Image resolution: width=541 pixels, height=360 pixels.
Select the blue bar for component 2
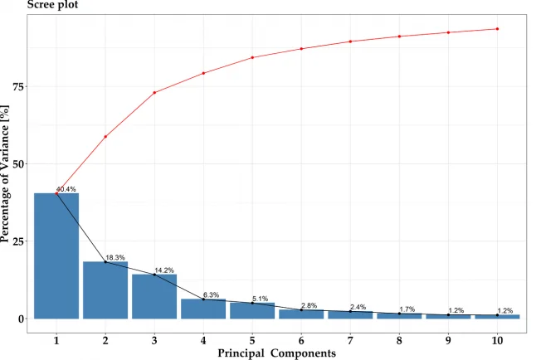pyautogui.click(x=105, y=289)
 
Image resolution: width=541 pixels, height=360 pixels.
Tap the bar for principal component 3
pyautogui.click(x=154, y=296)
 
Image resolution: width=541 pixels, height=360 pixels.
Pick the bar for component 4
pyautogui.click(x=203, y=309)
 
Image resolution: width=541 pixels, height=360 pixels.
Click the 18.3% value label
pyautogui.click(x=115, y=258)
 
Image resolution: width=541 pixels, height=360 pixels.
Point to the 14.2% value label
pyautogui.click(x=163, y=270)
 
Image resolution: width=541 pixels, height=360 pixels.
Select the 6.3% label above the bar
pyautogui.click(x=212, y=294)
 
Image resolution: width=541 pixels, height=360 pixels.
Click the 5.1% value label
pyautogui.click(x=261, y=299)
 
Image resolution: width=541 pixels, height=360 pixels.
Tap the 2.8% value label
pyautogui.click(x=309, y=306)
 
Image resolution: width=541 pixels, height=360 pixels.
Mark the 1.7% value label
pyautogui.click(x=407, y=309)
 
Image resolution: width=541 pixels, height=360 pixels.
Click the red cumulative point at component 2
pyautogui.click(x=105, y=136)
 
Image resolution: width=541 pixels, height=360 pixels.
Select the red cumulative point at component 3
pyautogui.click(x=154, y=92)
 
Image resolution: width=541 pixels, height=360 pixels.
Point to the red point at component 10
pyautogui.click(x=497, y=29)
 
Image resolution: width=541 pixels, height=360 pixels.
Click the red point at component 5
pyautogui.click(x=252, y=57)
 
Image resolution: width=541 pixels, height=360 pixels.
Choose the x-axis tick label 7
pyautogui.click(x=350, y=340)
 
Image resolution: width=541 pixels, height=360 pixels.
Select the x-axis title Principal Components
pyautogui.click(x=276, y=353)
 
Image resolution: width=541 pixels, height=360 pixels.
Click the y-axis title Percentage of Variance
pyautogui.click(x=7, y=174)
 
